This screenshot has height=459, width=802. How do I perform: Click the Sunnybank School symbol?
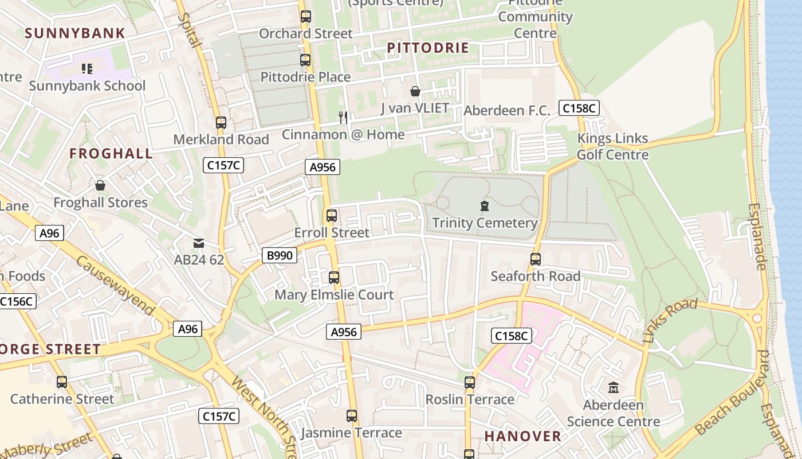(87, 69)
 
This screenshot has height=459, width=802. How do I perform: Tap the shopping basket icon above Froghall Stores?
(100, 185)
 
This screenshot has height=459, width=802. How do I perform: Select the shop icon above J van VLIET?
(415, 91)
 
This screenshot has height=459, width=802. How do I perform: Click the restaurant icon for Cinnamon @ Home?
(343, 118)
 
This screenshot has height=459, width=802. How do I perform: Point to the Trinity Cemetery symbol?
(485, 206)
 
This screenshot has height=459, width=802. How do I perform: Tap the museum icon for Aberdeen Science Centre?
(614, 388)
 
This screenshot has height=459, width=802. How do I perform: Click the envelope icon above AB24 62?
(199, 243)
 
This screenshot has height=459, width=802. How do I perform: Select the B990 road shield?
(280, 255)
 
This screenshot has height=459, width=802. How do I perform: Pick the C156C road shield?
(17, 301)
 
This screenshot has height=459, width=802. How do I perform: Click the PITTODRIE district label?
(428, 48)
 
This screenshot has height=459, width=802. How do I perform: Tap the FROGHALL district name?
(111, 153)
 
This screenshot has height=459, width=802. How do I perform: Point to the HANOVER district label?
(522, 436)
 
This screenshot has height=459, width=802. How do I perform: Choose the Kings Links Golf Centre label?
(612, 146)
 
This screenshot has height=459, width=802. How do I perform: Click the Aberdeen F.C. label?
(506, 111)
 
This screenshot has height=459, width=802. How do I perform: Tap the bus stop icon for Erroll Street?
(332, 216)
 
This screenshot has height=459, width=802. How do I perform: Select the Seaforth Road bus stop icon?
(536, 259)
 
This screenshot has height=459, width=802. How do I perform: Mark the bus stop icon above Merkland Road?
(221, 123)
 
